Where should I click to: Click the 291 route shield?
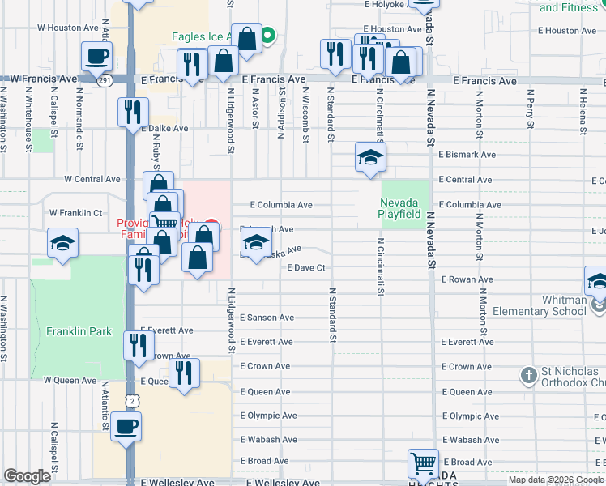[x=105, y=80]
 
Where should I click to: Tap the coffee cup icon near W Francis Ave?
[x=97, y=56]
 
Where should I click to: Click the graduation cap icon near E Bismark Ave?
[x=370, y=156]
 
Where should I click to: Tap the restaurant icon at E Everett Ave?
[x=138, y=345]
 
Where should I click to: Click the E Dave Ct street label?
[x=305, y=267]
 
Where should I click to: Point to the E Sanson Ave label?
[x=267, y=318]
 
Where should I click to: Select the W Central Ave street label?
[x=81, y=179]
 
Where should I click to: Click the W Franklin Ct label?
[x=75, y=212]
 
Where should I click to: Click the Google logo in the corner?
[x=28, y=476]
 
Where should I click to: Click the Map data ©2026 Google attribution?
[x=555, y=480]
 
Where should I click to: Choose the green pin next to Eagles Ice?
[x=268, y=36]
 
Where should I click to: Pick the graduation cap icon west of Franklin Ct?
[x=62, y=243]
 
